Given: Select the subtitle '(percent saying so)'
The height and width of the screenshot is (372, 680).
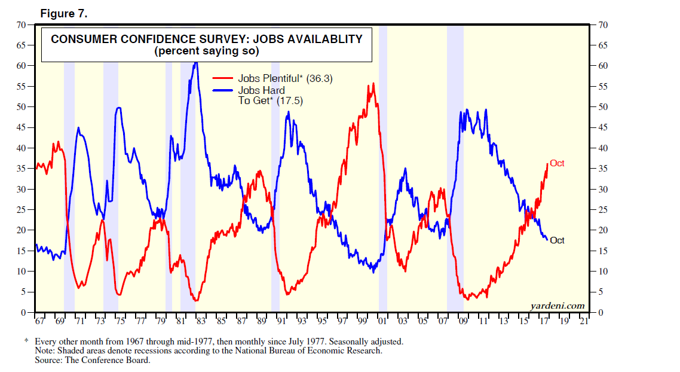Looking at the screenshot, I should tap(206, 51).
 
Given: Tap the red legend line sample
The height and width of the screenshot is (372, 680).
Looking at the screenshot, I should tap(223, 78).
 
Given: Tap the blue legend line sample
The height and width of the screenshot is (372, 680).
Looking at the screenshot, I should tap(223, 91).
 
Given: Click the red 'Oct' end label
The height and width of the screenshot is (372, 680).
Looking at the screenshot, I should tap(557, 163).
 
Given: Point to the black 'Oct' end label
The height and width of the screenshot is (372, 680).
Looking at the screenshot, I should tap(557, 240).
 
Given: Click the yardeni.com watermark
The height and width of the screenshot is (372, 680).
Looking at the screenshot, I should tap(557, 306).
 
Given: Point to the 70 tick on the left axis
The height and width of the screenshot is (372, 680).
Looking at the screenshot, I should tap(22, 25).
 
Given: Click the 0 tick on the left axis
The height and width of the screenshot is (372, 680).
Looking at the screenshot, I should tap(24, 312).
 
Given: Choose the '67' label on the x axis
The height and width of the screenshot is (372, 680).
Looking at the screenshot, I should tap(39, 322).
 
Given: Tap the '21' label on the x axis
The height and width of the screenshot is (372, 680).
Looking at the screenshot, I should tap(583, 322).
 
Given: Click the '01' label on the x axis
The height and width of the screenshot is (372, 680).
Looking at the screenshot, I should tap(382, 322).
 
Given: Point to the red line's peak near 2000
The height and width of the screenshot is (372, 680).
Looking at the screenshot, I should tap(373, 84).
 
